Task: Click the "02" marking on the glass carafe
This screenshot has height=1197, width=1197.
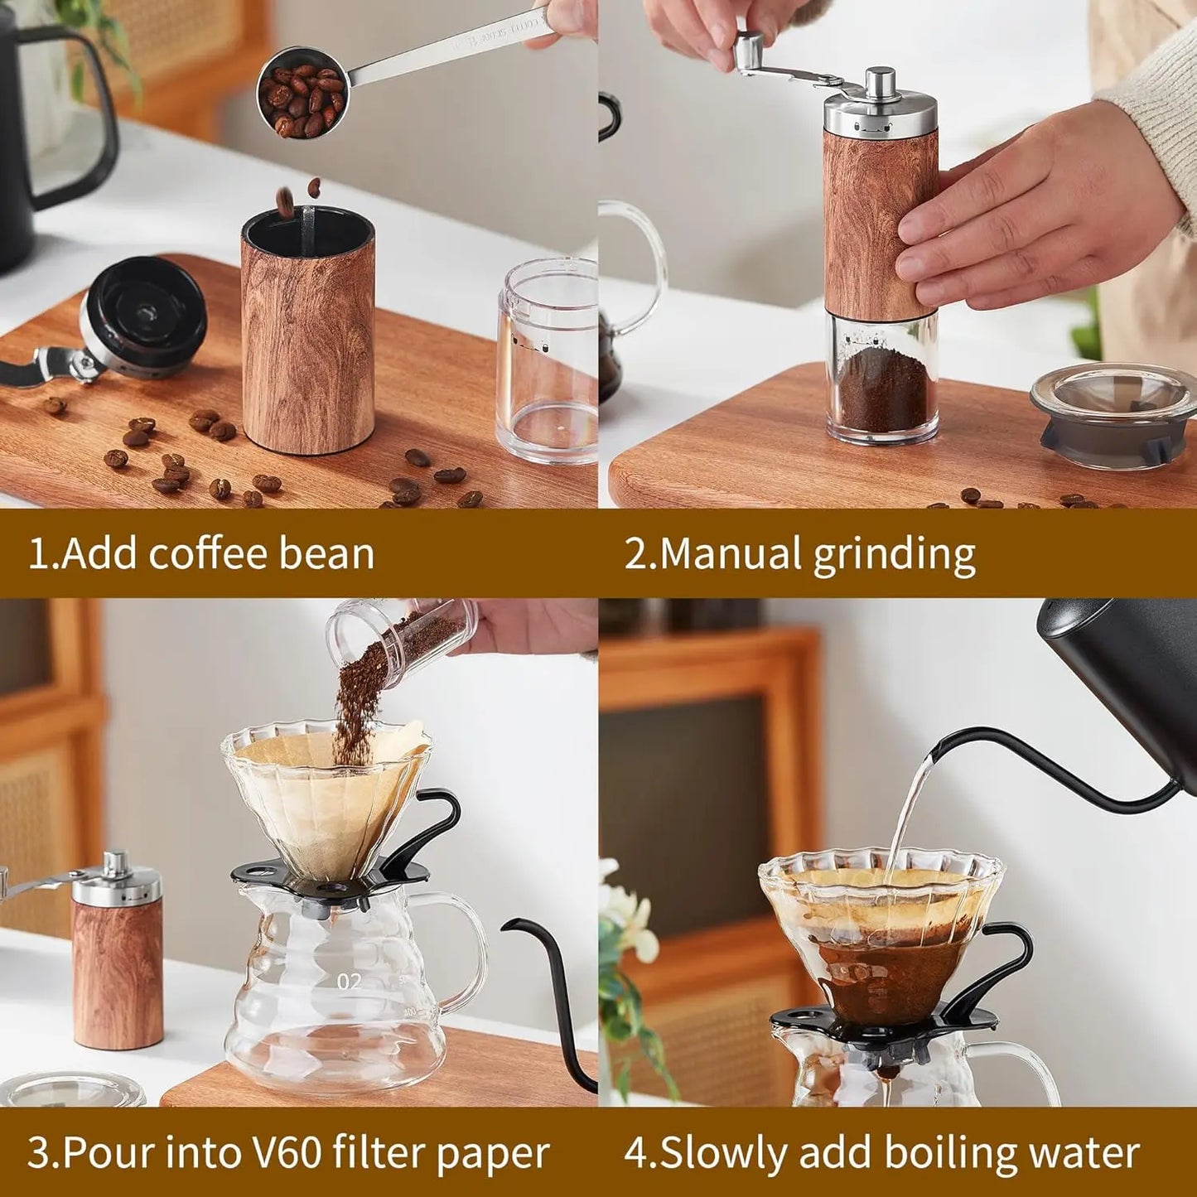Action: point(349,982)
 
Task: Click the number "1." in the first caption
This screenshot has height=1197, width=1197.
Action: point(43,553)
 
